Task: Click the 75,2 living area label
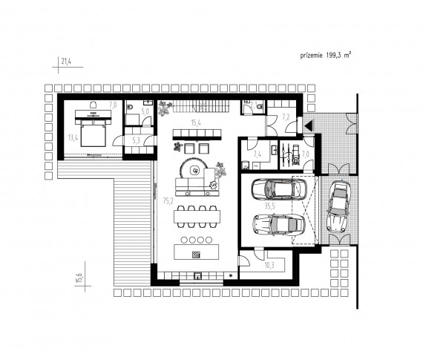[168, 200]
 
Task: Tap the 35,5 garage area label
[269, 206]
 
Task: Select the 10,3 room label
[269, 266]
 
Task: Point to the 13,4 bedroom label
[73, 138]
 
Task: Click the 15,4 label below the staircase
[196, 123]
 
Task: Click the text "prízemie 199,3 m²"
[326, 56]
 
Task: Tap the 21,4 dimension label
[66, 62]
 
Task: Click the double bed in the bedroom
[93, 134]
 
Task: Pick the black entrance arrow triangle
[309, 125]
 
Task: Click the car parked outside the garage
[338, 207]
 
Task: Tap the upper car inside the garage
[279, 189]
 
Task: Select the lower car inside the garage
[279, 225]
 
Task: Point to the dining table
[197, 217]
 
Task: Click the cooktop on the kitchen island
[196, 255]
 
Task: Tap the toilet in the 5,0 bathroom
[129, 107]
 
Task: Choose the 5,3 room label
[137, 140]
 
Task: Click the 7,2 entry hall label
[286, 117]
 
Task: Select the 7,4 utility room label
[257, 154]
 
